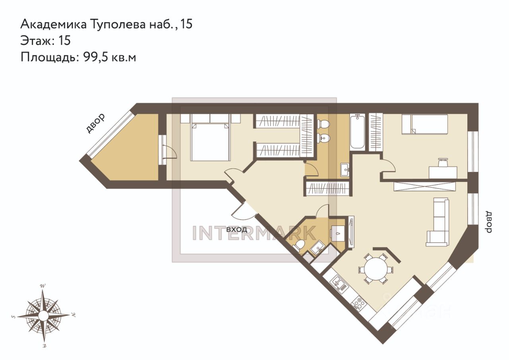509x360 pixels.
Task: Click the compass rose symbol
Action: pyautogui.click(x=44, y=315)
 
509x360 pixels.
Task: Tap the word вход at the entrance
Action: pyautogui.click(x=237, y=229)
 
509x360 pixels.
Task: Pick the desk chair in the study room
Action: pyautogui.click(x=442, y=163)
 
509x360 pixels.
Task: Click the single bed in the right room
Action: pyautogui.click(x=425, y=124)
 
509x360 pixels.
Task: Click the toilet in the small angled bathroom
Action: pyautogui.click(x=298, y=246)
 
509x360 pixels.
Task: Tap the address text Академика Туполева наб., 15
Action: pyautogui.click(x=106, y=24)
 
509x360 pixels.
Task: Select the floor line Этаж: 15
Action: pyautogui.click(x=45, y=41)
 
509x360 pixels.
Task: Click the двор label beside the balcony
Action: pyautogui.click(x=95, y=123)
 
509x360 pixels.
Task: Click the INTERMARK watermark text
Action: pyautogui.click(x=254, y=233)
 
